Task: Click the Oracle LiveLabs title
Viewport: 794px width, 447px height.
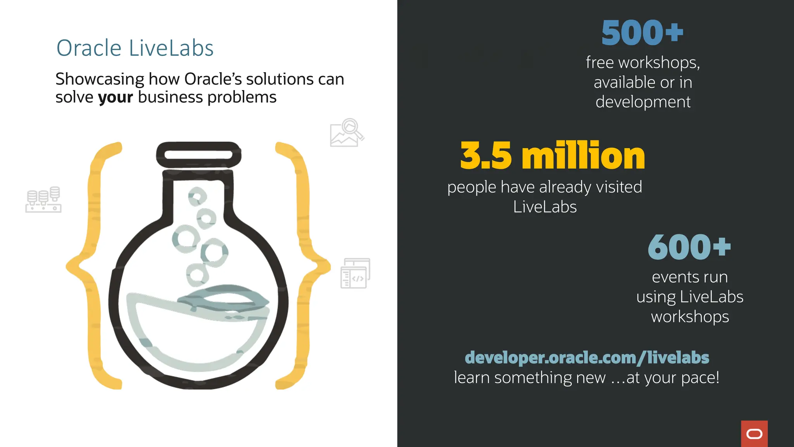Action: coord(135,48)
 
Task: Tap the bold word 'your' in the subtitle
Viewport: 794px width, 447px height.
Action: coord(115,97)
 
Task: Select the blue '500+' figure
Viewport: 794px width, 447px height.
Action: coord(642,33)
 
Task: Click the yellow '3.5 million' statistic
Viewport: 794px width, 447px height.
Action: coord(552,156)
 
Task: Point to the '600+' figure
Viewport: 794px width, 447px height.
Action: coord(689,247)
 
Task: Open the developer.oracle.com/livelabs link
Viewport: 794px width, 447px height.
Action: coord(587,358)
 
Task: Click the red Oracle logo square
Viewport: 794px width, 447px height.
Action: coord(754,433)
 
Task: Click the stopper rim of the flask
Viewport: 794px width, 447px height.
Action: coord(198,155)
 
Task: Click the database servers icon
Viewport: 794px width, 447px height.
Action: coord(43,199)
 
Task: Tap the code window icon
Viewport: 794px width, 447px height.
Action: coord(355,274)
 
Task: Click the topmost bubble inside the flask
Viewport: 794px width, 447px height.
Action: coord(197,196)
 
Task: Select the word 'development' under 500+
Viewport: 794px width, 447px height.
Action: coord(643,102)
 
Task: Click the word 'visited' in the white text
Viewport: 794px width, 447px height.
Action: coord(619,187)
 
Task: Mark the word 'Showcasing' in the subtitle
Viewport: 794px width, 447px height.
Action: coord(100,80)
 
